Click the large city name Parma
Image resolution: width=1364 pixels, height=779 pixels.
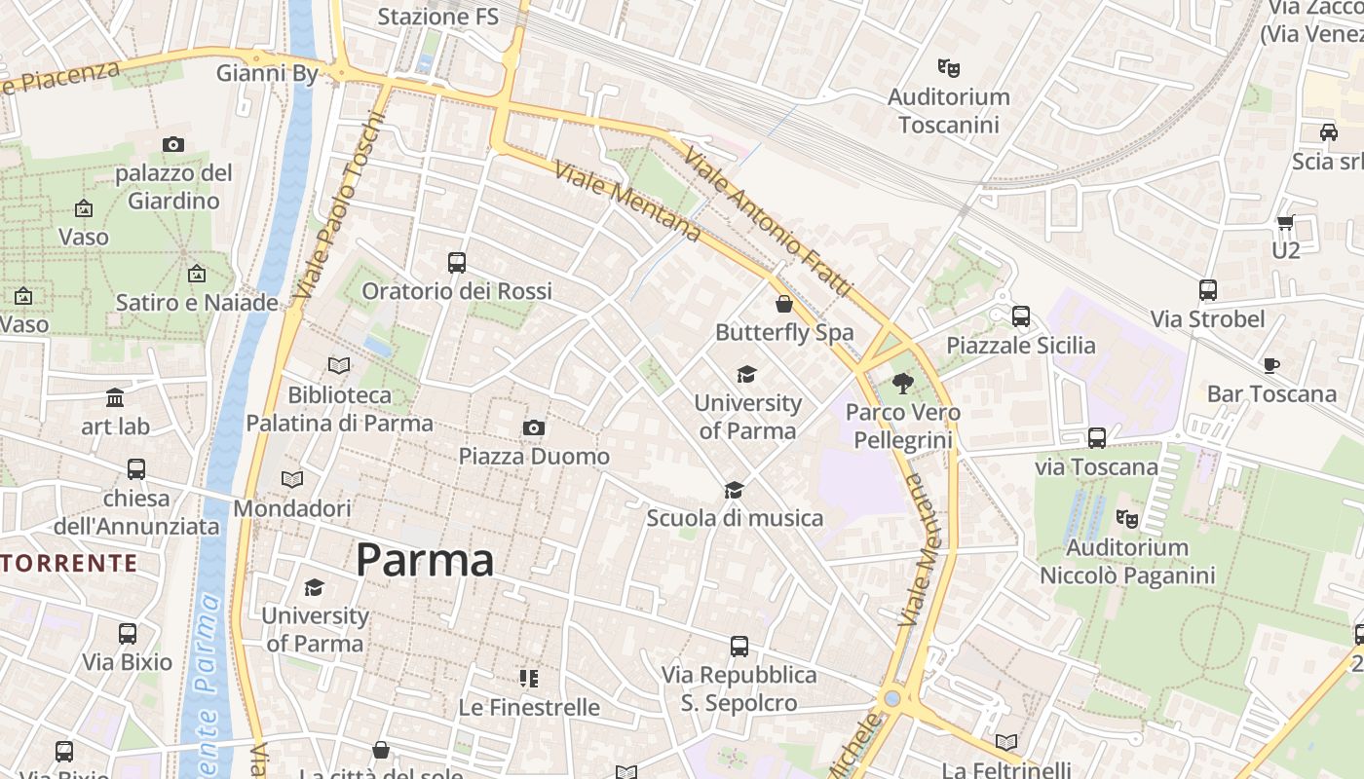point(425,560)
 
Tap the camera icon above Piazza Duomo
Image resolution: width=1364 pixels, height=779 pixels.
point(533,427)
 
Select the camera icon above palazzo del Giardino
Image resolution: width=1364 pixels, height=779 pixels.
point(173,145)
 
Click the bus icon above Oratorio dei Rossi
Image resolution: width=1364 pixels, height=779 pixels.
point(456,262)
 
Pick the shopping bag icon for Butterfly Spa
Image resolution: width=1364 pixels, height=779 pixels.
point(784,304)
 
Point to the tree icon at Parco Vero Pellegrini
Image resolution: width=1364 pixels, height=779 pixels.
point(902,383)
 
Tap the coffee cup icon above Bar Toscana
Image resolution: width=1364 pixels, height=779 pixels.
point(1270,365)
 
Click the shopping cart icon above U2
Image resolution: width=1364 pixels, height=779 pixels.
point(1285,222)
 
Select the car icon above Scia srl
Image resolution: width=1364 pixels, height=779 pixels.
point(1328,131)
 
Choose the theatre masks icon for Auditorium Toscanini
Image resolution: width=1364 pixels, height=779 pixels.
point(948,67)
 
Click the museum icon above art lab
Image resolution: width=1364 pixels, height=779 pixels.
point(115,397)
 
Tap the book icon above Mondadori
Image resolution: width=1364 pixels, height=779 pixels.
point(291,479)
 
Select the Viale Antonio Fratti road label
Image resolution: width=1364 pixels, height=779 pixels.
point(768,222)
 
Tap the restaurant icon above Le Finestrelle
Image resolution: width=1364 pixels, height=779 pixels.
point(528,678)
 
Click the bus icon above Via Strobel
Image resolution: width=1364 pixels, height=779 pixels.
point(1207,290)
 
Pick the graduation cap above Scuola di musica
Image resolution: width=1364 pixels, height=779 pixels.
point(734,490)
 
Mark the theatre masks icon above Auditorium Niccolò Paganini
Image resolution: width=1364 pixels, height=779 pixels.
point(1126,518)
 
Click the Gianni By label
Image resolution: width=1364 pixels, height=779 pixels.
point(267,73)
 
